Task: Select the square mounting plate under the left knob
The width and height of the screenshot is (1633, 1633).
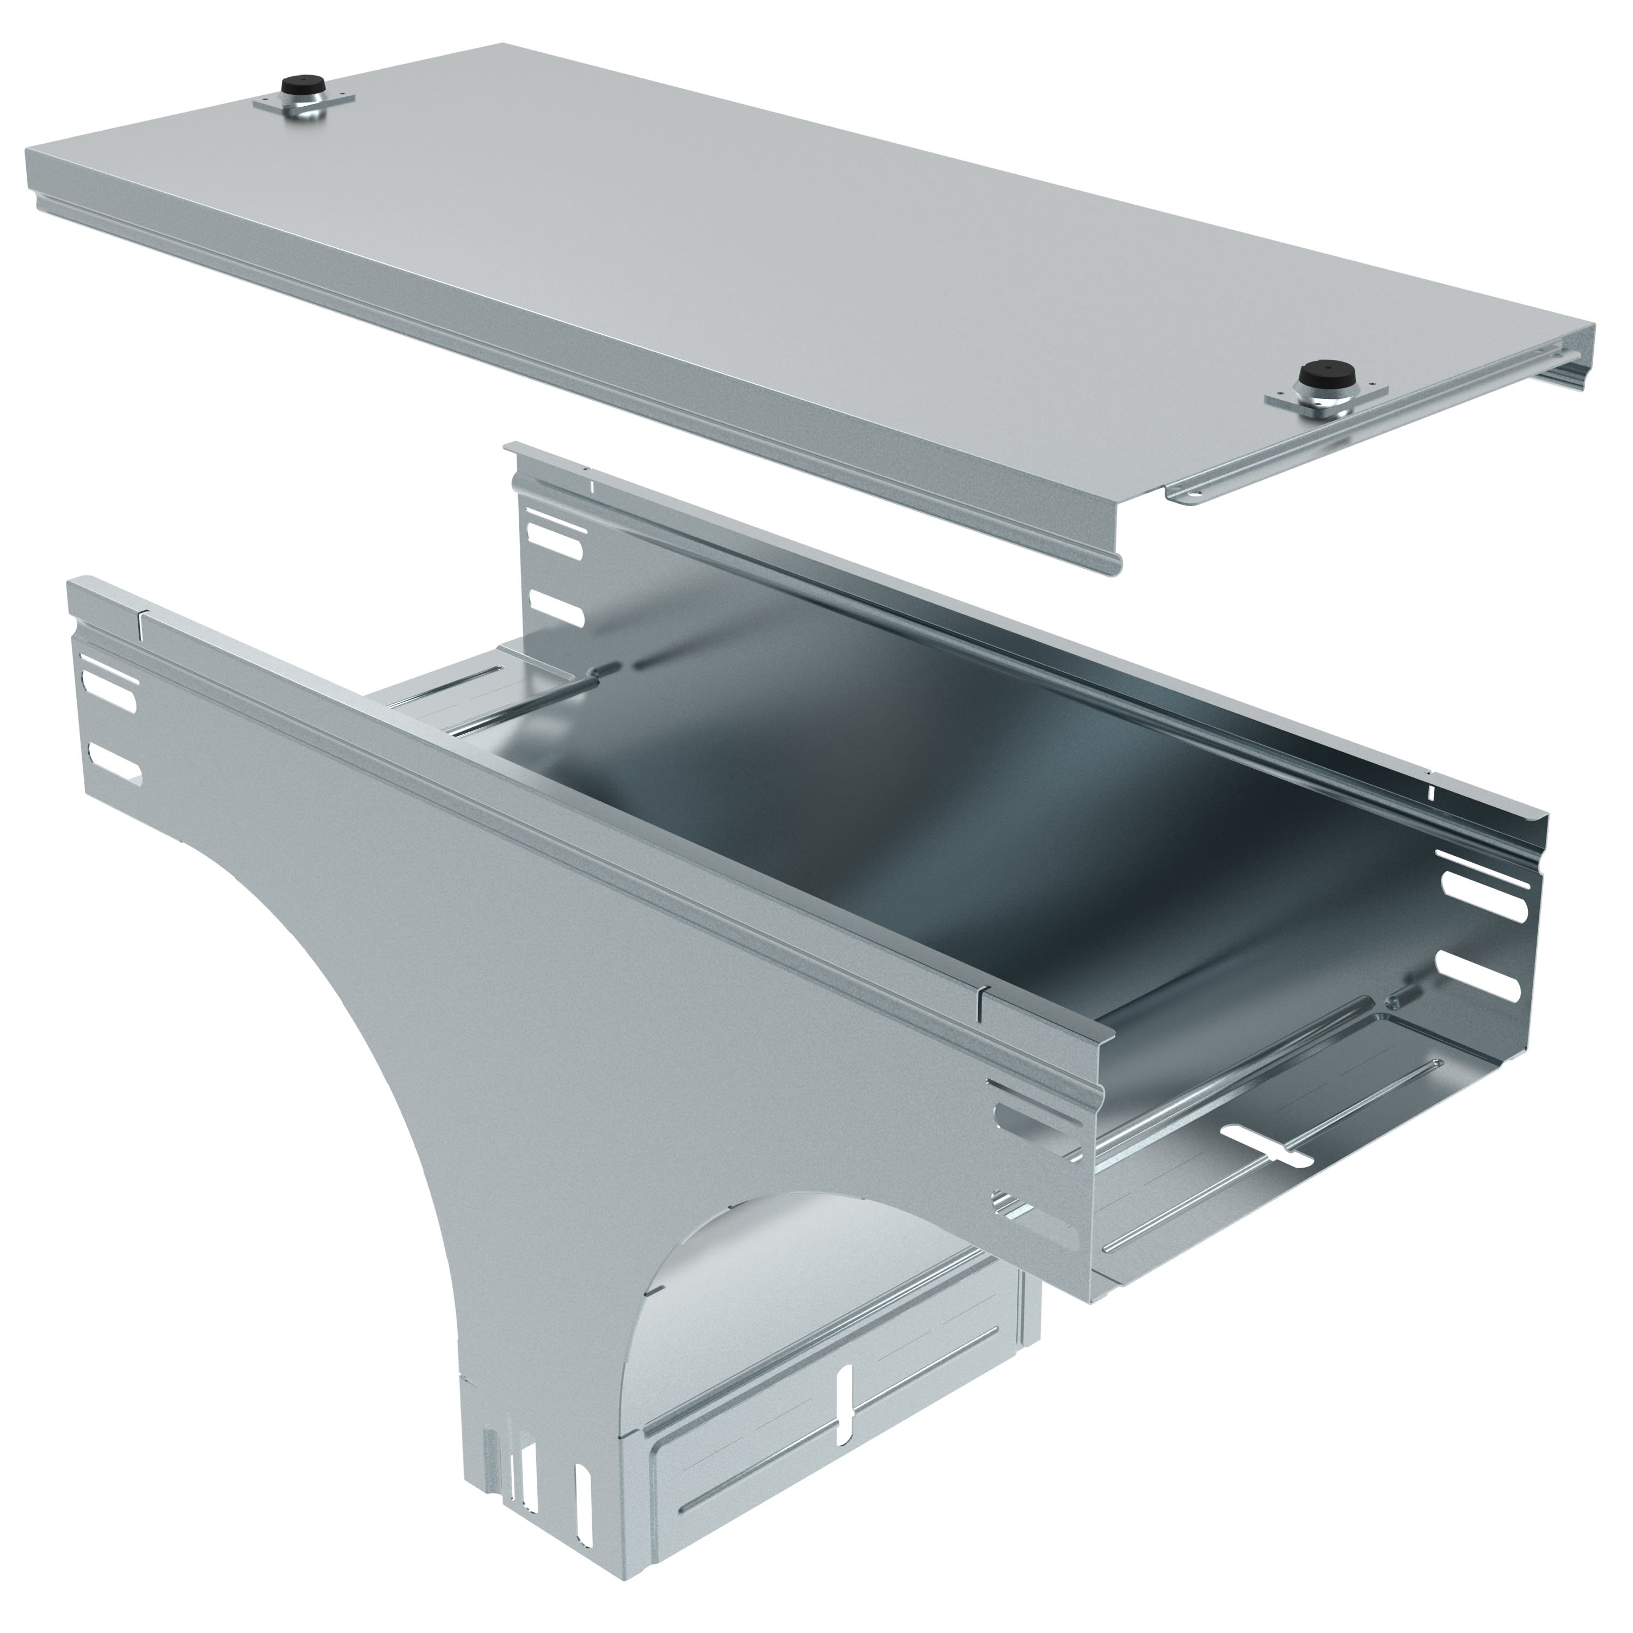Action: tap(304, 106)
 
